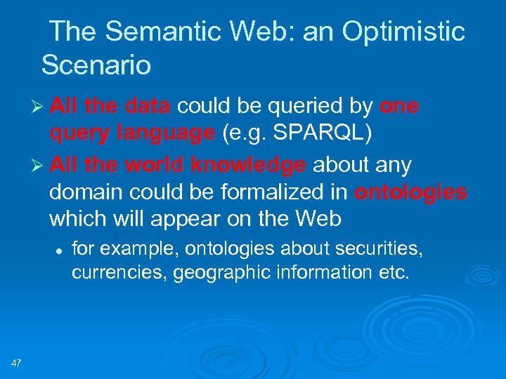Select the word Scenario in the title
96,65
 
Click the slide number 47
17,363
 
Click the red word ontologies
410,192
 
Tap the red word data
146,106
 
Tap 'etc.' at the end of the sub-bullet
392,272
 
